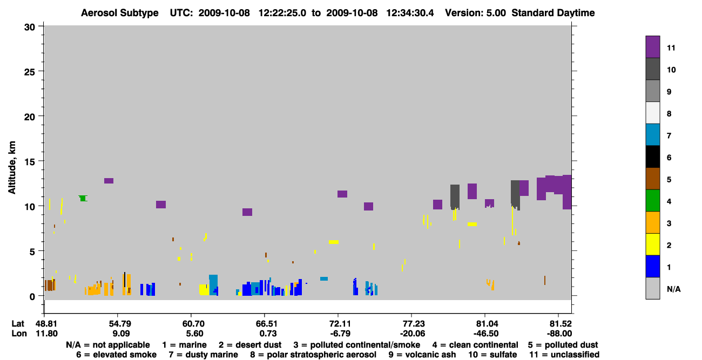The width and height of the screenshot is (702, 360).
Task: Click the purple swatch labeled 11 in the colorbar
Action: point(652,47)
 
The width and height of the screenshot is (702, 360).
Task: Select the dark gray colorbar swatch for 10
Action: point(652,69)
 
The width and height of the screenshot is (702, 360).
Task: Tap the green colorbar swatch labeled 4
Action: point(652,201)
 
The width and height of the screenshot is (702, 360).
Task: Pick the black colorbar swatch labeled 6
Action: point(652,157)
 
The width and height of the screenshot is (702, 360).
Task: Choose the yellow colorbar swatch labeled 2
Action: point(652,244)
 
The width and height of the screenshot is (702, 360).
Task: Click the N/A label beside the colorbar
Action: point(673,289)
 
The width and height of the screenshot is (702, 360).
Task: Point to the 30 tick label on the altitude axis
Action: point(30,28)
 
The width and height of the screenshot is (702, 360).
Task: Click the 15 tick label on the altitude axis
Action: point(30,161)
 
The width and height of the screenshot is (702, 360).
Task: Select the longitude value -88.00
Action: point(559,334)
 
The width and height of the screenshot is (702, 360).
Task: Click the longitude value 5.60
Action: point(194,334)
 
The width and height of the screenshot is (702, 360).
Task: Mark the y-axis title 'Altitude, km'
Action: point(12,168)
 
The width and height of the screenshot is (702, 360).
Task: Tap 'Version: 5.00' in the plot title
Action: point(475,13)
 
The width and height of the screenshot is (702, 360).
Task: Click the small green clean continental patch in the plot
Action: point(83,198)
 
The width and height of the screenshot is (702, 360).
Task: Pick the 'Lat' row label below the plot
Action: point(18,324)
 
